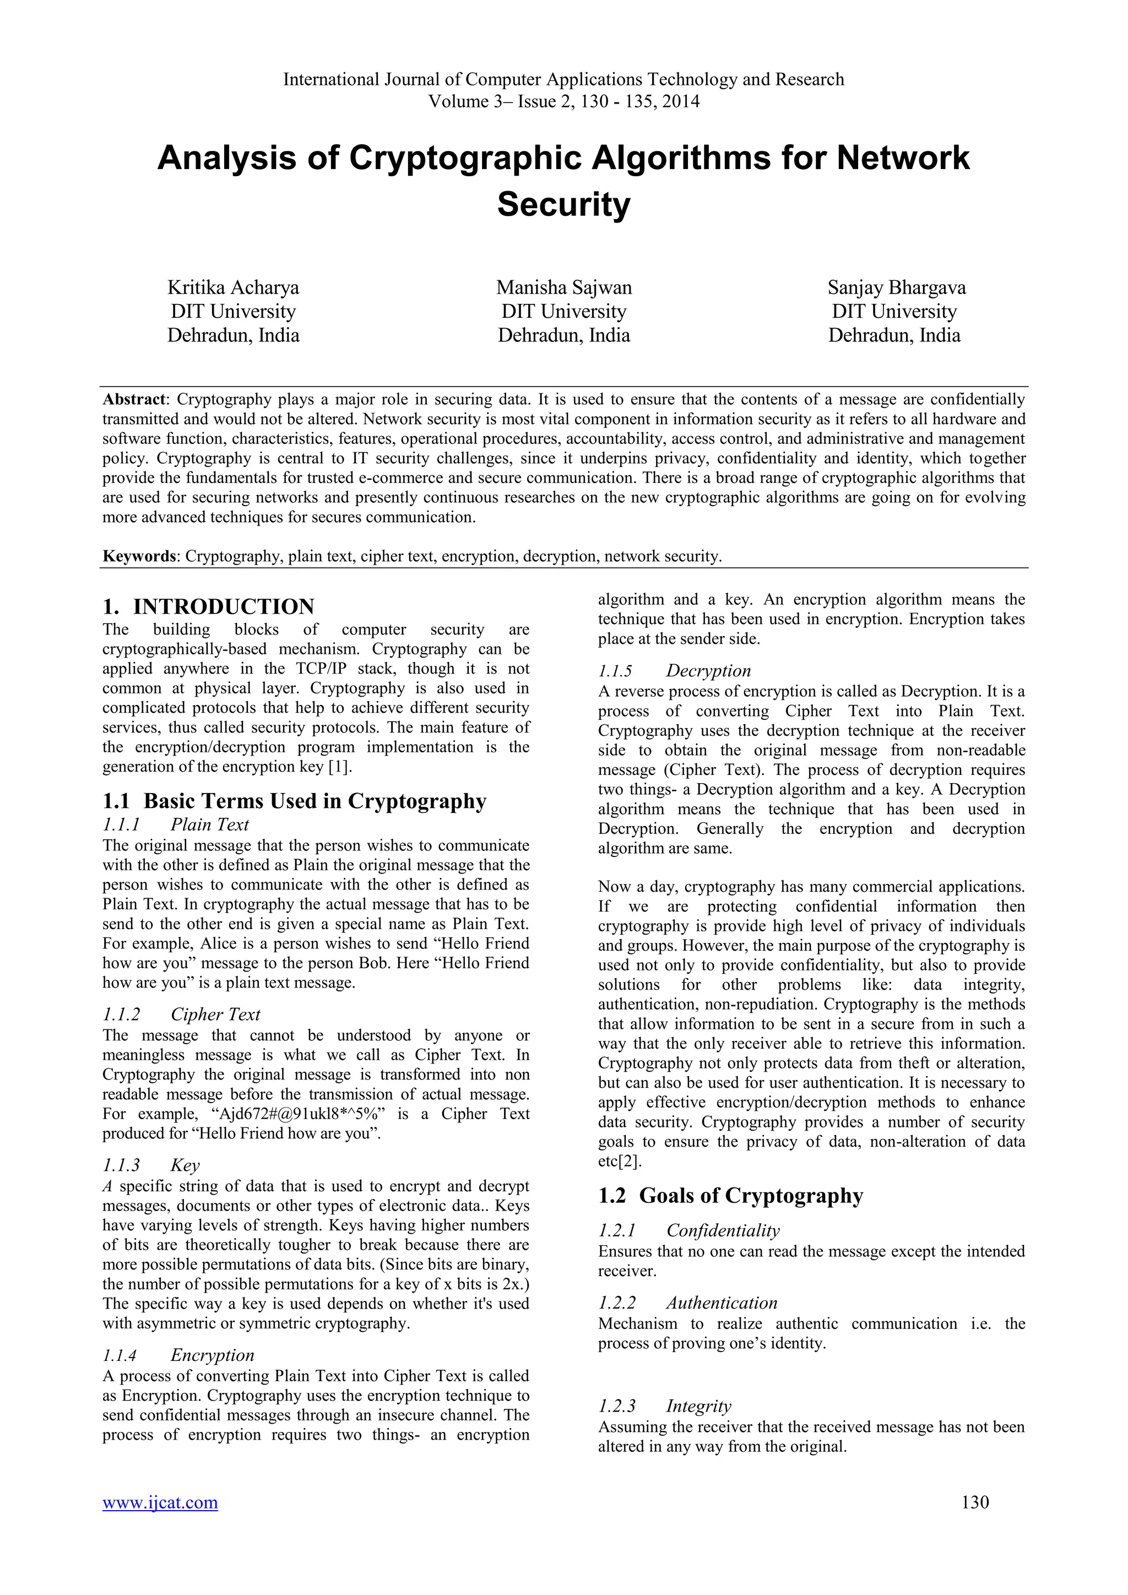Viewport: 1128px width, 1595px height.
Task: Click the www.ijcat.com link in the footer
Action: pos(160,1502)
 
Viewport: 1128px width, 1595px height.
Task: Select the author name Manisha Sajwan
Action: pos(563,287)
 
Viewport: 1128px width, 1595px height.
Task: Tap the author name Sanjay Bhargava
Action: pos(896,287)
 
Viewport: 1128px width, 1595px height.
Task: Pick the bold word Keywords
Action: pos(139,556)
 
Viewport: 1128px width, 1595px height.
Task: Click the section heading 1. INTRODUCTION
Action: pos(208,606)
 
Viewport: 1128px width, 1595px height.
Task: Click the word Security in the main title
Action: pos(563,204)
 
